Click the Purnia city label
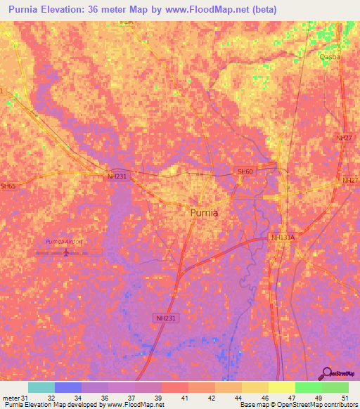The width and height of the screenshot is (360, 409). (204, 212)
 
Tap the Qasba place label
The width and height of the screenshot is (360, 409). (330, 57)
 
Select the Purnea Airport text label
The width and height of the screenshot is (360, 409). (64, 241)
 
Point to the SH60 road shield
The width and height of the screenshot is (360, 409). (244, 171)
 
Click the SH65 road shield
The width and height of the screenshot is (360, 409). (8, 186)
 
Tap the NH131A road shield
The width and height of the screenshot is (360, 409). (283, 238)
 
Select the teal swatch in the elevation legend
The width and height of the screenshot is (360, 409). (41, 387)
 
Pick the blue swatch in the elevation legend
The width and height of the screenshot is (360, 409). (68, 387)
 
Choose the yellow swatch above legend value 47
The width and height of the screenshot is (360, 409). (282, 387)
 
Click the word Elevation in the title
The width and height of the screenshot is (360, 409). (77, 9)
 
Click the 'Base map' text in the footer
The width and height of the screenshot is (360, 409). (253, 405)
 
